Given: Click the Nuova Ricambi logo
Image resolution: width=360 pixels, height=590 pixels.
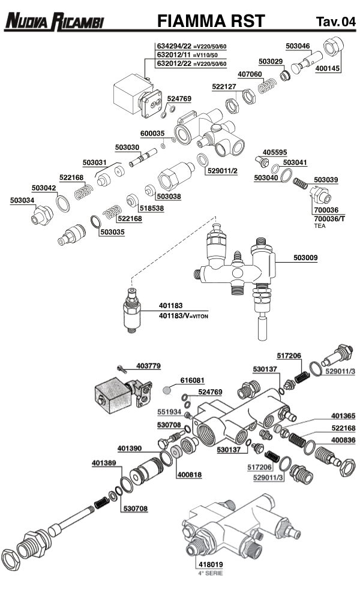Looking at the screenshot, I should (54, 23).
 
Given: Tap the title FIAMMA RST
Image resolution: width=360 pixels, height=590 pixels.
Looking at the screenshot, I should (210, 22).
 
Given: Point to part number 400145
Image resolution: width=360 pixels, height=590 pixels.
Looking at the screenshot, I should (327, 69).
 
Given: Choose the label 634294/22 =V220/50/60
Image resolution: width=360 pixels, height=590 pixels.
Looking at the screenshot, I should (191, 46).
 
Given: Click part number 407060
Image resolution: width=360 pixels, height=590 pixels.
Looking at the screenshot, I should (250, 74).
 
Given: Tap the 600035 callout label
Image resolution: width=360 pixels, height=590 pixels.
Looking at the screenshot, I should (152, 133).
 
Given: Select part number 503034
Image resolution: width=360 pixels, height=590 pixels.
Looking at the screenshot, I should (22, 200).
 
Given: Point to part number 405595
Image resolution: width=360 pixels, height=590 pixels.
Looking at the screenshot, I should (275, 152).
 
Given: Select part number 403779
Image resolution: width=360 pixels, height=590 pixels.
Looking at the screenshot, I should (148, 365).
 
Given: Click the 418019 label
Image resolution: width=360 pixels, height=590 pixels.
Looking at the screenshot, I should (210, 564).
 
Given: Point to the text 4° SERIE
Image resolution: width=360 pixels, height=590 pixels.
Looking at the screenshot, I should (210, 573).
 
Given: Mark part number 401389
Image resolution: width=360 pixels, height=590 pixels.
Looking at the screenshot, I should (104, 463).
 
